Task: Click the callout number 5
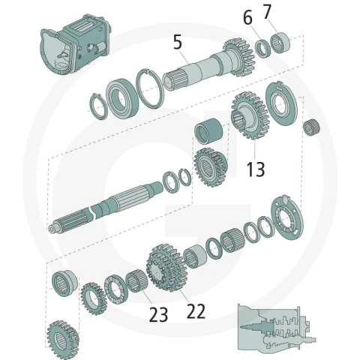178,43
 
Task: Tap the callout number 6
247,18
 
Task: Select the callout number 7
267,12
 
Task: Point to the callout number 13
256,169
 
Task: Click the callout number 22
196,311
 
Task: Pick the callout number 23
158,314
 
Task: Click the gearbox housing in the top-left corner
75,46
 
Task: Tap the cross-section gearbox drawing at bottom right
276,328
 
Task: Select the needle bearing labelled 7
280,43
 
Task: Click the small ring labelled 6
263,49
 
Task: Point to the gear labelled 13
249,115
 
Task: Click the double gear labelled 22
166,268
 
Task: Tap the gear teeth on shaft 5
239,58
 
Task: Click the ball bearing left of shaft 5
122,98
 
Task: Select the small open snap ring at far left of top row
97,106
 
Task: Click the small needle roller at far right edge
311,127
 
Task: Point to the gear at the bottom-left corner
63,340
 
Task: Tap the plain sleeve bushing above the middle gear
208,130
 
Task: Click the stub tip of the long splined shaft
52,229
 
